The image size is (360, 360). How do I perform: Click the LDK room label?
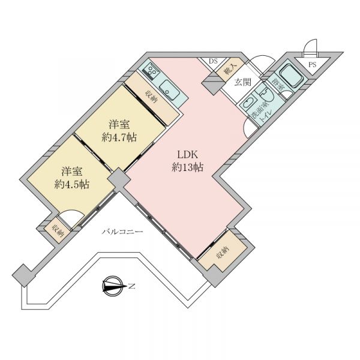[188, 155]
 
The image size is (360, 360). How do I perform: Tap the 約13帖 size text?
[188, 167]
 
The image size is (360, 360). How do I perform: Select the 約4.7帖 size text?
[119, 137]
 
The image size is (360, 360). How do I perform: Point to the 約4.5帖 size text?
[72, 184]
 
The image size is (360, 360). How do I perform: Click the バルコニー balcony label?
[122, 232]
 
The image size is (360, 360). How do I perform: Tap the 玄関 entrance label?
[242, 82]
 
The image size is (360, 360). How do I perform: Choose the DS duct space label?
[213, 61]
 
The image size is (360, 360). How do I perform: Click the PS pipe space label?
[312, 65]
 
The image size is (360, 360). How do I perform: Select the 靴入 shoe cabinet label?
[230, 70]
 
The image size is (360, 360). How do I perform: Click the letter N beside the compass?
[131, 286]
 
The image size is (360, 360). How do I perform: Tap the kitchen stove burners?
[150, 70]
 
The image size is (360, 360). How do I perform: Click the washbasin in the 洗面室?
[248, 103]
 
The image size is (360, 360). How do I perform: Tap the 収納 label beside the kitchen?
[152, 97]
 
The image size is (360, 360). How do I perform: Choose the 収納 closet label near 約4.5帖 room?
[58, 231]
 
